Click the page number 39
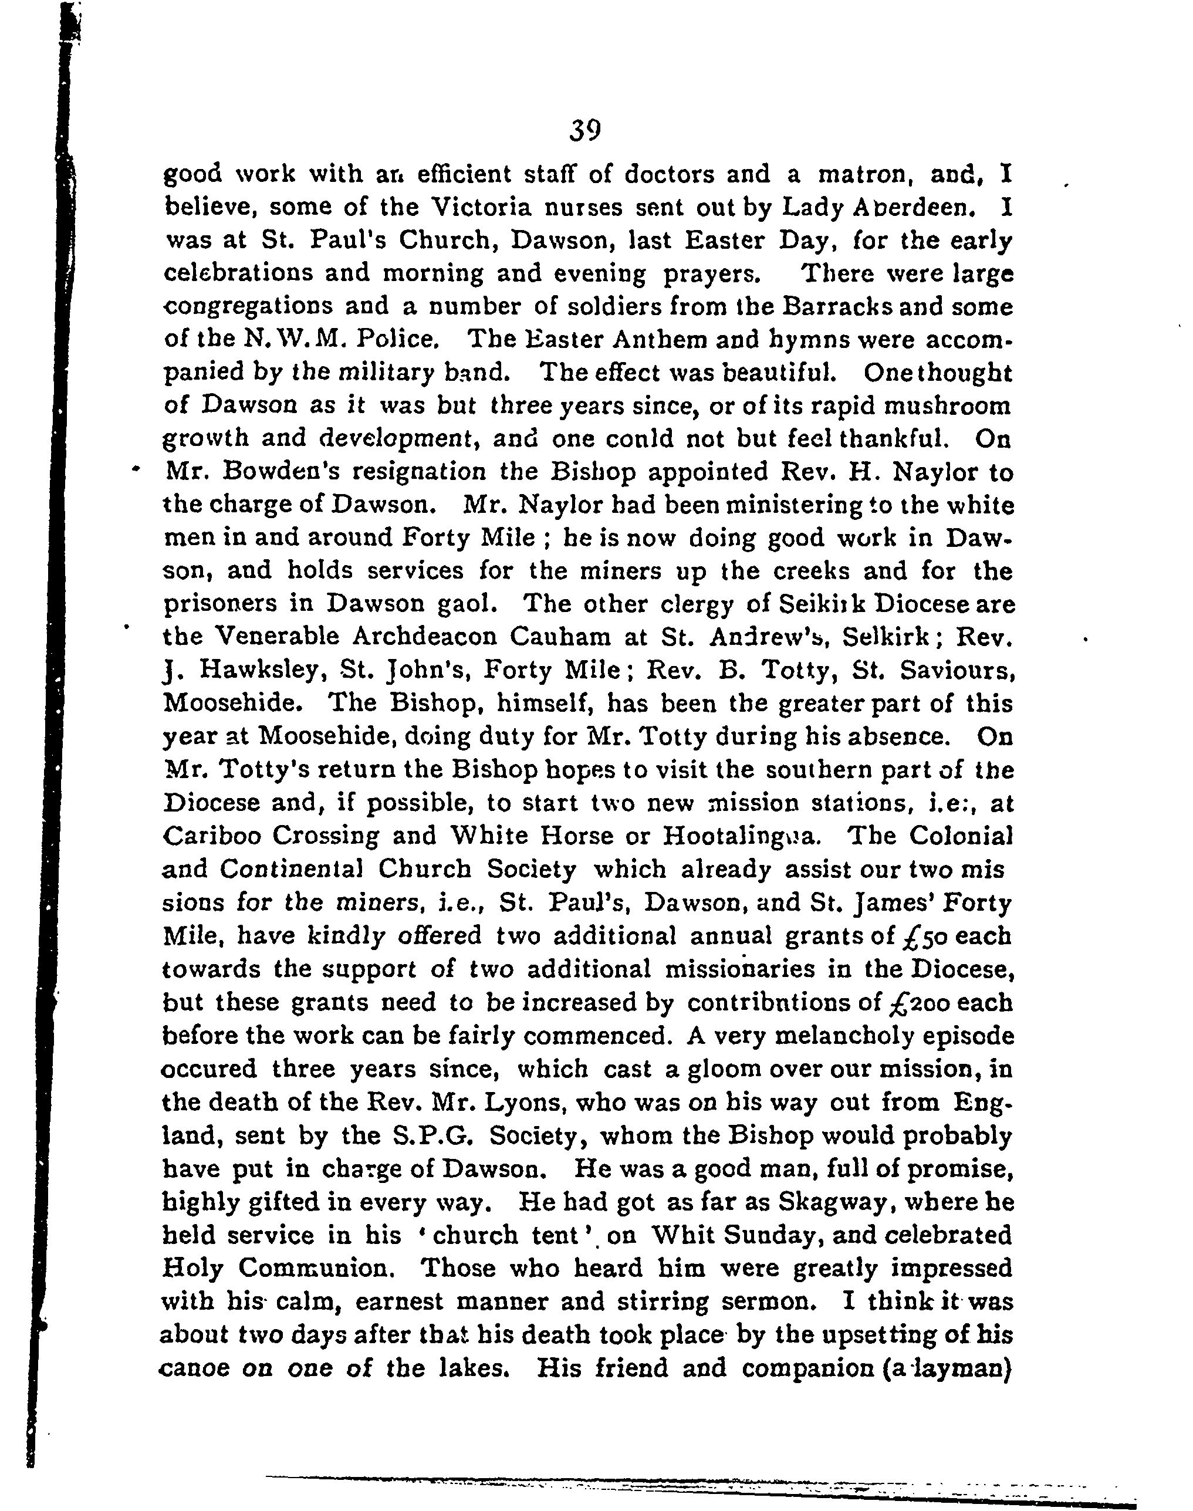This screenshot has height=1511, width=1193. click(584, 131)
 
